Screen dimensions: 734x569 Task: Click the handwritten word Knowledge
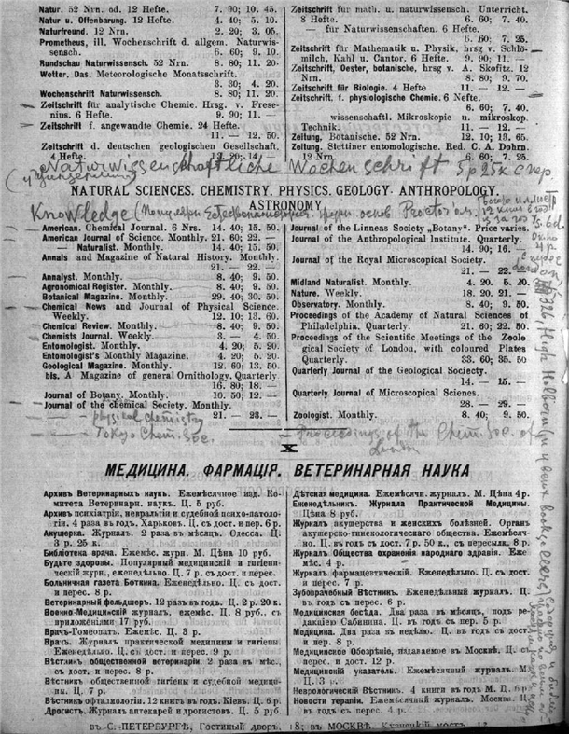point(56,190)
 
